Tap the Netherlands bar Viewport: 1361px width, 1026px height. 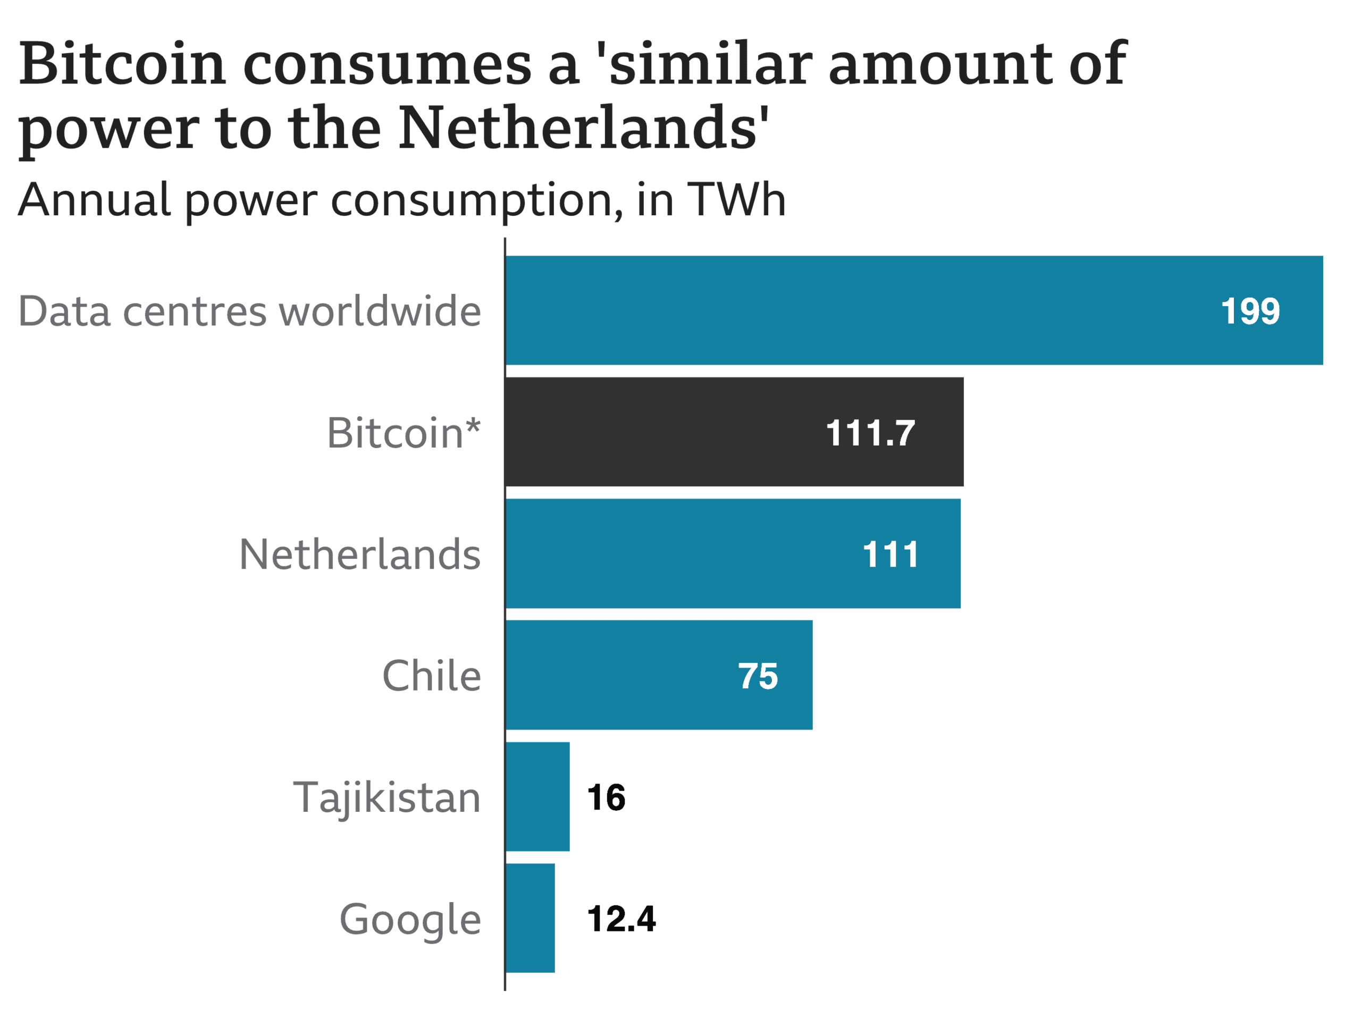point(677,553)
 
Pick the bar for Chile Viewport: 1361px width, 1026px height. point(615,675)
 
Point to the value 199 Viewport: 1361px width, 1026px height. point(1250,311)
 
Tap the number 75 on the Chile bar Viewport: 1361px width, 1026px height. point(758,676)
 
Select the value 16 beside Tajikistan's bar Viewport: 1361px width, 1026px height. point(606,798)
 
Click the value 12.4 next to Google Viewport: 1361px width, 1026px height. point(621,919)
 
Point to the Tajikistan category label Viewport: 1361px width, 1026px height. point(387,798)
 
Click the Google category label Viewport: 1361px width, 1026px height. point(410,919)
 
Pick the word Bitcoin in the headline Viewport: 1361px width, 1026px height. point(122,64)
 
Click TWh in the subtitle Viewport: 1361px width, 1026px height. point(736,200)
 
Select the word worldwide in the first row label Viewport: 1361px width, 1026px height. point(380,311)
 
